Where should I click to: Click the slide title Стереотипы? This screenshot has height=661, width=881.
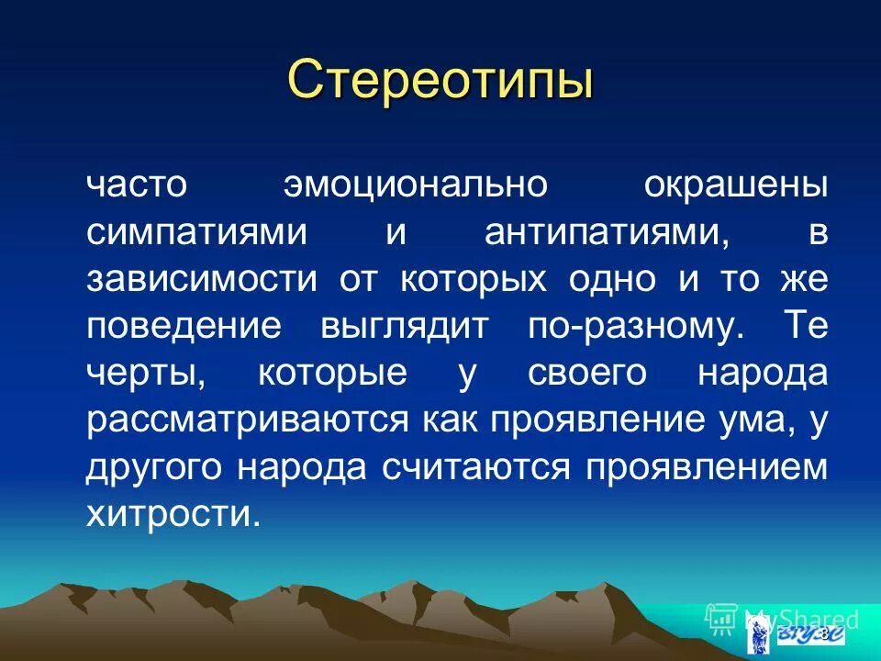[440, 80]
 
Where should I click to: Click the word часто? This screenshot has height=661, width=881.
[137, 184]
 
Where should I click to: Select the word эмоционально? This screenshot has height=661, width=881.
[415, 184]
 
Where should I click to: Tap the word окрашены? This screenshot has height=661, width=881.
[735, 184]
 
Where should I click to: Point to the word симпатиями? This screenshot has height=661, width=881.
[196, 231]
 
